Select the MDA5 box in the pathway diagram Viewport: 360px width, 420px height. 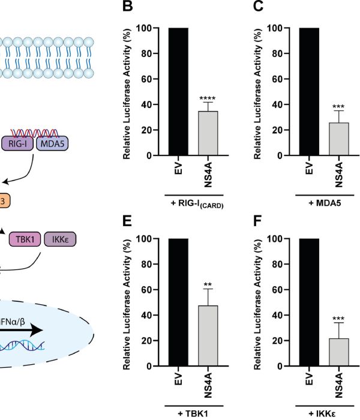pyautogui.click(x=52, y=144)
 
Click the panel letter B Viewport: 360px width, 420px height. pyautogui.click(x=127, y=7)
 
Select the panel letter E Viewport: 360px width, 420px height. pyautogui.click(x=127, y=220)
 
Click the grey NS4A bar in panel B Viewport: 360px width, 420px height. pyautogui.click(x=208, y=133)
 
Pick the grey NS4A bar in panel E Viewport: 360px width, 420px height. pyautogui.click(x=208, y=336)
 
